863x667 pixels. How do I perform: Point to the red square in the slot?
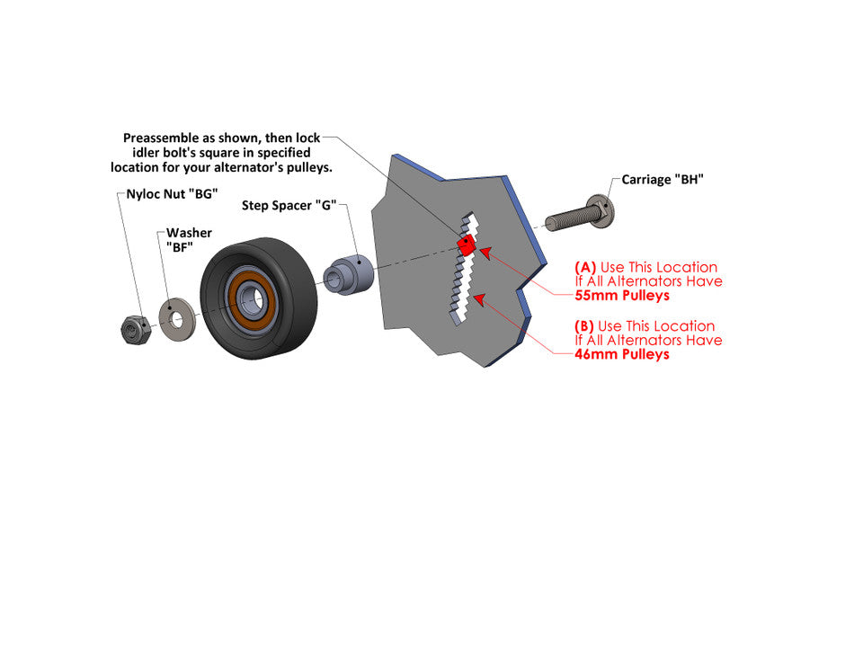coord(466,245)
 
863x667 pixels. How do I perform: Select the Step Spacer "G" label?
coord(289,206)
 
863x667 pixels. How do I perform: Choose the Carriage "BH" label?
coord(663,180)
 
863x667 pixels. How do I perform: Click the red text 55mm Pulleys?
coord(622,296)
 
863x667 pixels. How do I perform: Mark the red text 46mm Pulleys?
coord(622,354)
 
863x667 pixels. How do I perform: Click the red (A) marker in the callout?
coord(585,267)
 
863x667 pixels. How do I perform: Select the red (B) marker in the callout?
coord(585,326)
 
